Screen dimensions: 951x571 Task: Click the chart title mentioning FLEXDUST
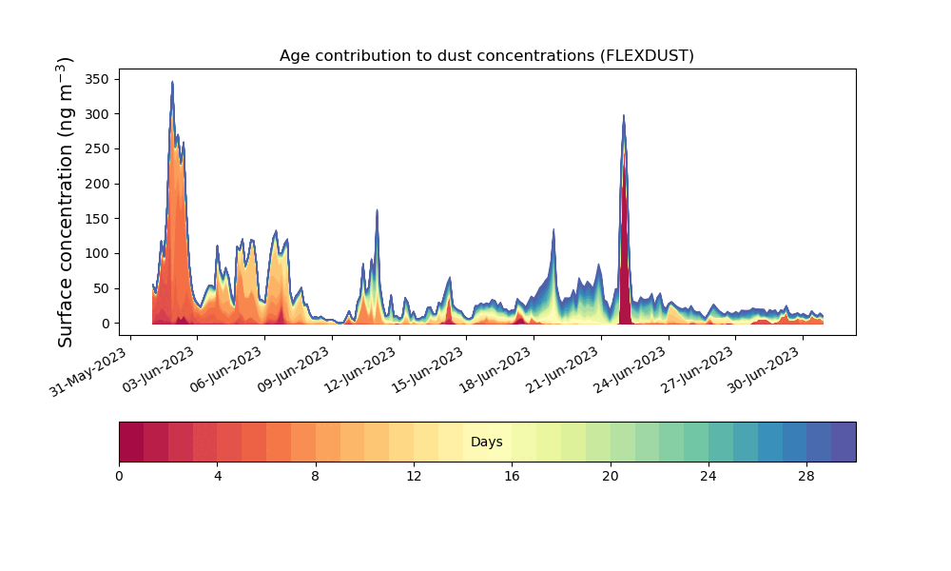pos(486,56)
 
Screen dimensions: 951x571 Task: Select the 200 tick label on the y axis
pos(97,184)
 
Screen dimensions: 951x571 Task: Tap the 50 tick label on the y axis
pos(102,289)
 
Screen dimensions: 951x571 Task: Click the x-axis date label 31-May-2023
pos(88,372)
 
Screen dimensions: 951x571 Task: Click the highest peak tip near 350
pos(172,81)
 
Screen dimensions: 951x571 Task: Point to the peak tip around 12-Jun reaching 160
pos(377,210)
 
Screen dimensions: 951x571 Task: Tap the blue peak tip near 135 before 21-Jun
pos(553,229)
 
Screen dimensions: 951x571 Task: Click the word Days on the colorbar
pos(486,442)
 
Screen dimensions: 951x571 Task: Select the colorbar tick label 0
pos(120,477)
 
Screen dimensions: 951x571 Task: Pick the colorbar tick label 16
pos(512,477)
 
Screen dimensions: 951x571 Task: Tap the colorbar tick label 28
pos(806,477)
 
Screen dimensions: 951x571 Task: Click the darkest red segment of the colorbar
pos(131,442)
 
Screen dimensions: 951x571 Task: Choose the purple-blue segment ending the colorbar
pos(844,442)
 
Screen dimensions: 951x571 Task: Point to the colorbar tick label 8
pos(316,477)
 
